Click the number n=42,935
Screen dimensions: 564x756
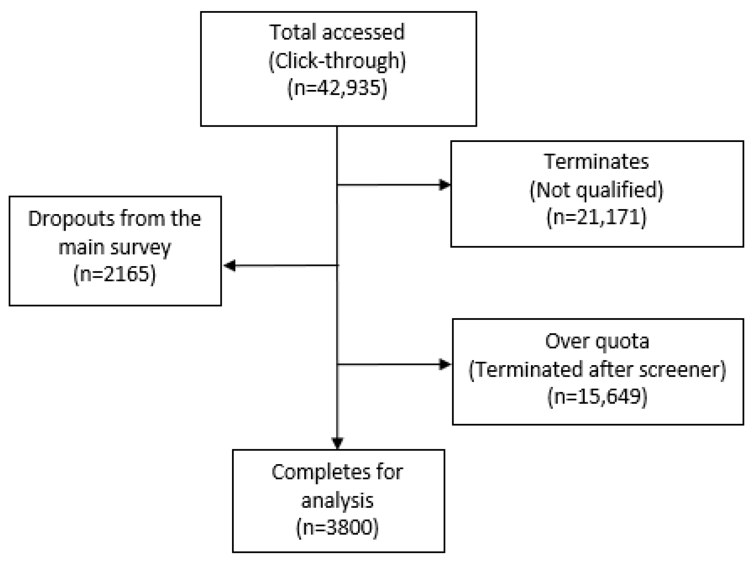pyautogui.click(x=337, y=88)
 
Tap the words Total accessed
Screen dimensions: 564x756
pyautogui.click(x=337, y=32)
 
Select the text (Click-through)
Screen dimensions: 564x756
pyautogui.click(x=337, y=61)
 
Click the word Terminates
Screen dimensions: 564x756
pyautogui.click(x=597, y=161)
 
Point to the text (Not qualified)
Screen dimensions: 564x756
pyautogui.click(x=597, y=190)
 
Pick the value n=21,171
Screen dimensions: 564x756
pyautogui.click(x=597, y=217)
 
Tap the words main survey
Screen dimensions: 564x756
pyautogui.click(x=115, y=247)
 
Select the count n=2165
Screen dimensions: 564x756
pyautogui.click(x=115, y=274)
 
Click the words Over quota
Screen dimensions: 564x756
pyautogui.click(x=597, y=341)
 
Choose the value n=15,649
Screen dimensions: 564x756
pyautogui.click(x=597, y=396)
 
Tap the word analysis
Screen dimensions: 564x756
pyautogui.click(x=337, y=500)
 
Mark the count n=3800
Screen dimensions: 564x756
pyautogui.click(x=337, y=527)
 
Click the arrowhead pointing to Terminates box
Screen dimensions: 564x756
pyautogui.click(x=445, y=185)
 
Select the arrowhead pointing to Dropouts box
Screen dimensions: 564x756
pyautogui.click(x=230, y=265)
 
